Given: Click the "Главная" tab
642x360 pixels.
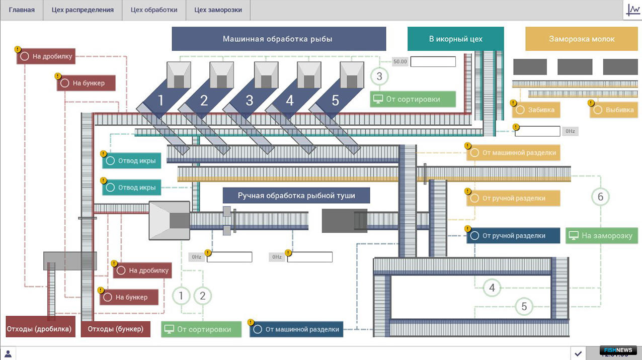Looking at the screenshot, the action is click(x=22, y=10).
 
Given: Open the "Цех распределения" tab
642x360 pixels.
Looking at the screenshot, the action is click(x=83, y=10).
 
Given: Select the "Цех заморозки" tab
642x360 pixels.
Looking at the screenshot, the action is click(x=218, y=10).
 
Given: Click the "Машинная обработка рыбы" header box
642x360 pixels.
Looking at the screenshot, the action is click(x=279, y=39).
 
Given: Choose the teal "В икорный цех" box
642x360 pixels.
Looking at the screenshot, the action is click(x=456, y=39).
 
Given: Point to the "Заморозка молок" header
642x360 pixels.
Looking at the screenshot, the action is click(x=582, y=39).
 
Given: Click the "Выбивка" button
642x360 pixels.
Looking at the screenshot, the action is click(x=614, y=110).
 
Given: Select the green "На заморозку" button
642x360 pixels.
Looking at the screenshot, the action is click(x=601, y=236).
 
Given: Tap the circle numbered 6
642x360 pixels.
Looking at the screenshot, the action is click(x=600, y=197).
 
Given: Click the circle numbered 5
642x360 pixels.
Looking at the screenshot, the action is click(x=524, y=306).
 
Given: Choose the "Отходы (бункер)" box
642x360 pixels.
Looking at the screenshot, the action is click(x=116, y=329).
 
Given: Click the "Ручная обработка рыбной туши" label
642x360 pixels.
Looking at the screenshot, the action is click(x=296, y=195).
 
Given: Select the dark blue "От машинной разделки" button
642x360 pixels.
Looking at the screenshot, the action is click(x=296, y=329).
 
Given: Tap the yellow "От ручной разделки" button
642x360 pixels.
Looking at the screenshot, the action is click(x=513, y=198).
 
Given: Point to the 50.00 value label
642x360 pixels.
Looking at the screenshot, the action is click(x=400, y=61).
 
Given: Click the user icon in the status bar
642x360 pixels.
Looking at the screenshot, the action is click(x=8, y=353).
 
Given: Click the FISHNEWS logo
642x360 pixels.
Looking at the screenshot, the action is click(x=618, y=350).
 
